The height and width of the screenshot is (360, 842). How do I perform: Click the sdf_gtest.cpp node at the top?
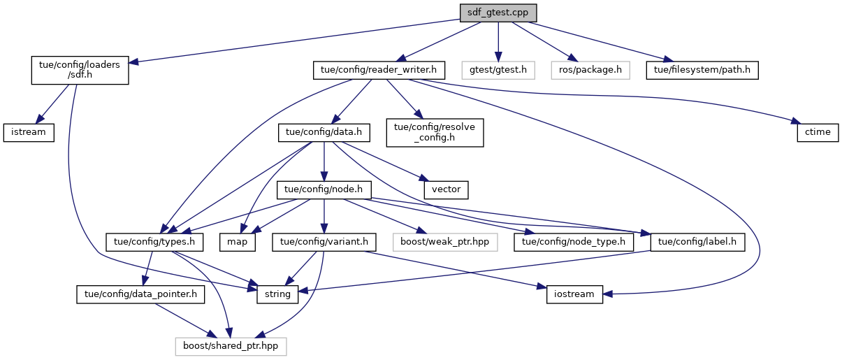click(498, 13)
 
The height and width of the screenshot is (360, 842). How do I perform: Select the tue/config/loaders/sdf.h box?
click(79, 71)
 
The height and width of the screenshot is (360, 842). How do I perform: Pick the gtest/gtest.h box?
click(498, 70)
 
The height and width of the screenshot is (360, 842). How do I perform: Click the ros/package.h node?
click(590, 70)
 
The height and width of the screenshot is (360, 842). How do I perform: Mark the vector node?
click(445, 189)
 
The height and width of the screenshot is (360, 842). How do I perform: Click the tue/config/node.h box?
click(324, 189)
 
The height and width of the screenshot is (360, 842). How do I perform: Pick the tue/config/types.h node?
click(154, 243)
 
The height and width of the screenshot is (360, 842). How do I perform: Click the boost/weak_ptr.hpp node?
click(445, 243)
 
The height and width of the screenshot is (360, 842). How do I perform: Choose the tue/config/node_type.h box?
click(573, 243)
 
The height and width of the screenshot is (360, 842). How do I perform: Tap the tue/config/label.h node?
click(697, 243)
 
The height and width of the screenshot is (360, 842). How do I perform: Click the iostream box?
click(571, 294)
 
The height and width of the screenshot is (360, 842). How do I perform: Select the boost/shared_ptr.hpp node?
click(230, 345)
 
